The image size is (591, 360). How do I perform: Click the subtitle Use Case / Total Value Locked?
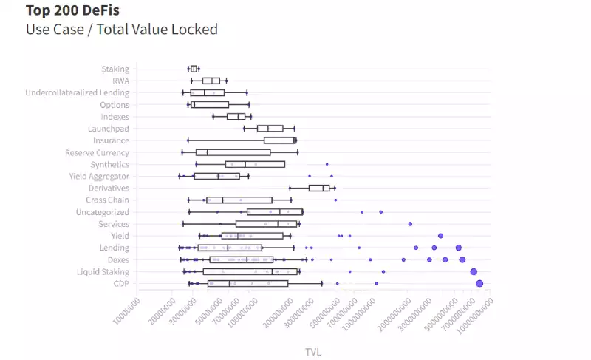point(121,30)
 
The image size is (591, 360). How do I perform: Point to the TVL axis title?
point(312,352)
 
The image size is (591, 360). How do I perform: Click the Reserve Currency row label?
point(97,152)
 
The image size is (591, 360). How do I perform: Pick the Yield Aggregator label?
point(99,176)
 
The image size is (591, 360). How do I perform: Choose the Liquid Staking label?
point(103,271)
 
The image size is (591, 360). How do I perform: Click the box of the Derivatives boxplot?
point(319,188)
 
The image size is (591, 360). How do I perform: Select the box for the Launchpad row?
point(270,129)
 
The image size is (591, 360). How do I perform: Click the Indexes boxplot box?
point(236,116)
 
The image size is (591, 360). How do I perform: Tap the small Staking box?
point(194,69)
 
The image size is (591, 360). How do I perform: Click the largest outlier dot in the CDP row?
point(479,283)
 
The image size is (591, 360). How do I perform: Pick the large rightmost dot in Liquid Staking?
point(474,271)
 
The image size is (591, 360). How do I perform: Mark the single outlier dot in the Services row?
point(410,223)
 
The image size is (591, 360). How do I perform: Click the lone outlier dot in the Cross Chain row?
point(335,200)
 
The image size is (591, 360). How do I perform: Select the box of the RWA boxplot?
point(211,81)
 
